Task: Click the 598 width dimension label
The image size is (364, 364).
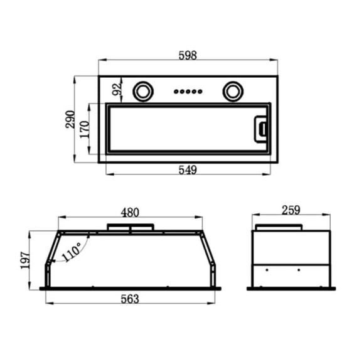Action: pyautogui.click(x=188, y=55)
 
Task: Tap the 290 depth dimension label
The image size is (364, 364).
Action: pyautogui.click(x=70, y=119)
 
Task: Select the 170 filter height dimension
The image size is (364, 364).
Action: pyautogui.click(x=85, y=129)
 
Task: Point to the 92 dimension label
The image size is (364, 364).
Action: pyautogui.click(x=117, y=89)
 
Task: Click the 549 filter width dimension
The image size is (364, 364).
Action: pyautogui.click(x=188, y=169)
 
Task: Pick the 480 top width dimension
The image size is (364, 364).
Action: pyautogui.click(x=130, y=212)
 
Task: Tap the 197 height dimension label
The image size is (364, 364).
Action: pyautogui.click(x=25, y=260)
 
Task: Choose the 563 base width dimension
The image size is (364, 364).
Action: pyautogui.click(x=130, y=299)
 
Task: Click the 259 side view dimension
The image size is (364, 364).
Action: pyautogui.click(x=291, y=210)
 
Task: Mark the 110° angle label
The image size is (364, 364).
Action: pyautogui.click(x=72, y=252)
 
